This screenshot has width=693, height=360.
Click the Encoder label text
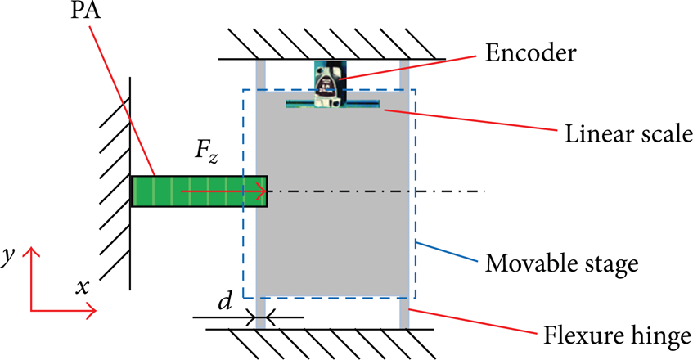click(530, 53)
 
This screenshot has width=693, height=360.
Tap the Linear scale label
click(628, 133)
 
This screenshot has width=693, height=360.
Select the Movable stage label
click(562, 264)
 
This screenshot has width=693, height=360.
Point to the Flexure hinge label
click(617, 336)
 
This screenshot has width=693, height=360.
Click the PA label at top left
click(86, 10)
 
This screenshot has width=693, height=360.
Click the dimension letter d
click(225, 301)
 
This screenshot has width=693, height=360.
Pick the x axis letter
click(82, 287)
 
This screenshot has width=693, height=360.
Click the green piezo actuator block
click(199, 191)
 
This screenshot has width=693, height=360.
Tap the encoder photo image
click(331, 84)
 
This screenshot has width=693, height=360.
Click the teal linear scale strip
click(332, 104)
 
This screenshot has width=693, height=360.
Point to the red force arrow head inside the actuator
click(263, 191)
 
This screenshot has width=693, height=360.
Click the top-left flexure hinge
click(261, 75)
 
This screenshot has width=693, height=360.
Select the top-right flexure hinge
click(404, 75)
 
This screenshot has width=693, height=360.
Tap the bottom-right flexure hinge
click(404, 313)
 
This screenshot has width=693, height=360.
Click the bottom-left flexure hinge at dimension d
click(261, 313)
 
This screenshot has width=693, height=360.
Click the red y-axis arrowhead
click(31, 252)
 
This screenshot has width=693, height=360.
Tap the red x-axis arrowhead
click(92, 311)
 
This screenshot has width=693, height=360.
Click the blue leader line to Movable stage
click(448, 251)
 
